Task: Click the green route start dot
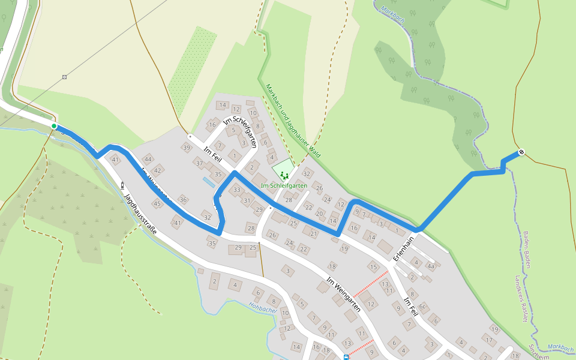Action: click(54, 126)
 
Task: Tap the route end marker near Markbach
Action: click(521, 152)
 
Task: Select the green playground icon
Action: click(283, 175)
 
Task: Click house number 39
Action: click(187, 148)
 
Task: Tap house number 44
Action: click(148, 159)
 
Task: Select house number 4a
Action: click(431, 266)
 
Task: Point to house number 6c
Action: click(422, 307)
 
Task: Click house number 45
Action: click(157, 204)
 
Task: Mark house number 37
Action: click(199, 163)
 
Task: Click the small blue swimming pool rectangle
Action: click(208, 179)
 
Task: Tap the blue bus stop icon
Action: click(346, 357)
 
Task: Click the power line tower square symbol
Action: click(64, 77)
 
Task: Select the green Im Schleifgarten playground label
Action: click(284, 186)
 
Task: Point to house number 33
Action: click(237, 190)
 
